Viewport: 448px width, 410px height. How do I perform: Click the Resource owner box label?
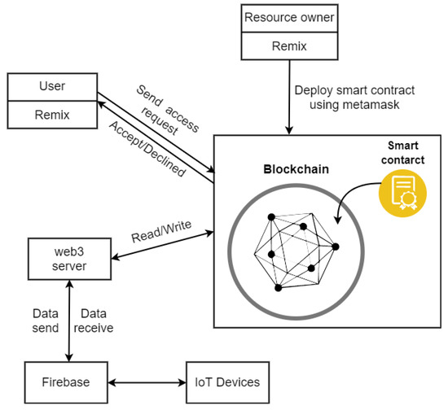(x=288, y=15)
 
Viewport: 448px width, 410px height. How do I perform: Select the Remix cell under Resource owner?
(x=288, y=47)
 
